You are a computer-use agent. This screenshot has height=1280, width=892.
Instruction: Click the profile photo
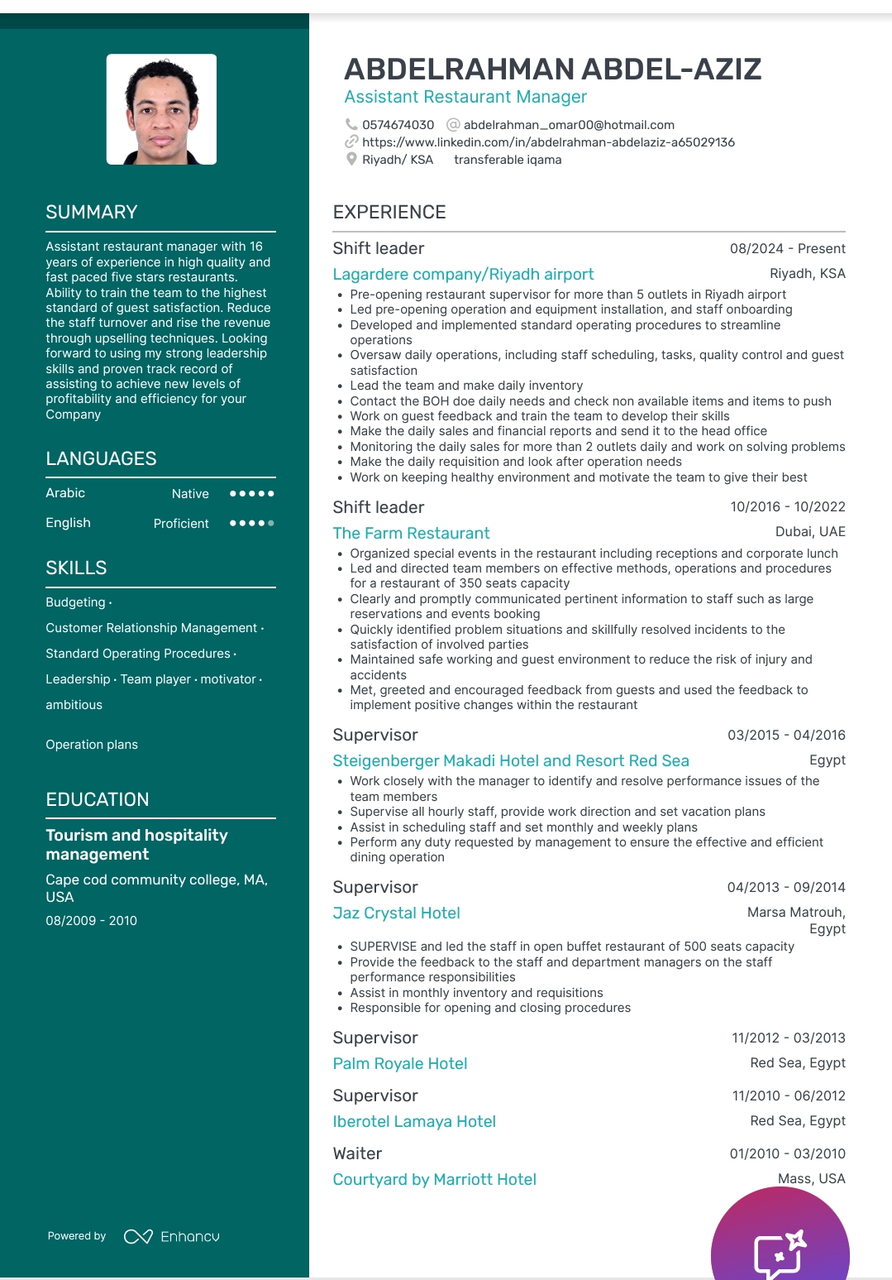coord(161,109)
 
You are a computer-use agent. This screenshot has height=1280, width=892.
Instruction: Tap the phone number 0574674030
coord(398,125)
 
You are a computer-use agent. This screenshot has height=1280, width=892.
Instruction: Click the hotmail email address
coord(569,125)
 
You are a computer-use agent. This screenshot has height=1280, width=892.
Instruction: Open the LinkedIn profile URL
coord(548,142)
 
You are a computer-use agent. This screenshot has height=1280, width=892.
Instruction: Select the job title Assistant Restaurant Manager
coord(465,97)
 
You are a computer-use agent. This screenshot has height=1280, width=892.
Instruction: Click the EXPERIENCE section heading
coord(389,212)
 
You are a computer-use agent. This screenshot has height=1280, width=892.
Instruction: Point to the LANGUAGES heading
coord(101,458)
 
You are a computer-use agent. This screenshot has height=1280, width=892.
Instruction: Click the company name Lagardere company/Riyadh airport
coord(463,274)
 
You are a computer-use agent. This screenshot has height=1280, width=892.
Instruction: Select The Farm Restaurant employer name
coord(411,533)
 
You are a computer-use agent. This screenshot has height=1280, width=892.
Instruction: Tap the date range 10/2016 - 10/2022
coord(787,506)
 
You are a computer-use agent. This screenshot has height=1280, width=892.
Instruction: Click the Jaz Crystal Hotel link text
coord(396,913)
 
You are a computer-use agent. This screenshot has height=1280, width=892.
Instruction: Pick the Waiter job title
coord(357,1153)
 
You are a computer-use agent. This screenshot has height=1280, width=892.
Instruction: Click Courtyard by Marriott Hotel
coord(434,1179)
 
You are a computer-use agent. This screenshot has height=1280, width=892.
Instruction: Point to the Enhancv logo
coord(172,1236)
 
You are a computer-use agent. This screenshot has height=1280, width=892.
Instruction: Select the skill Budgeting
coord(75,602)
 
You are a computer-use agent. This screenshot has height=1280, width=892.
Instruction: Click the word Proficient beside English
coord(181,524)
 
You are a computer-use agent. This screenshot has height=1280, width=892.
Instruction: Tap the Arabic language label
coord(65,493)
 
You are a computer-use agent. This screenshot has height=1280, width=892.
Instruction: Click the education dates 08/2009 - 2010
coord(91,920)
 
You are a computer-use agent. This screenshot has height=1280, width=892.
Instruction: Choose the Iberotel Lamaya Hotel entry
coord(414,1121)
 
